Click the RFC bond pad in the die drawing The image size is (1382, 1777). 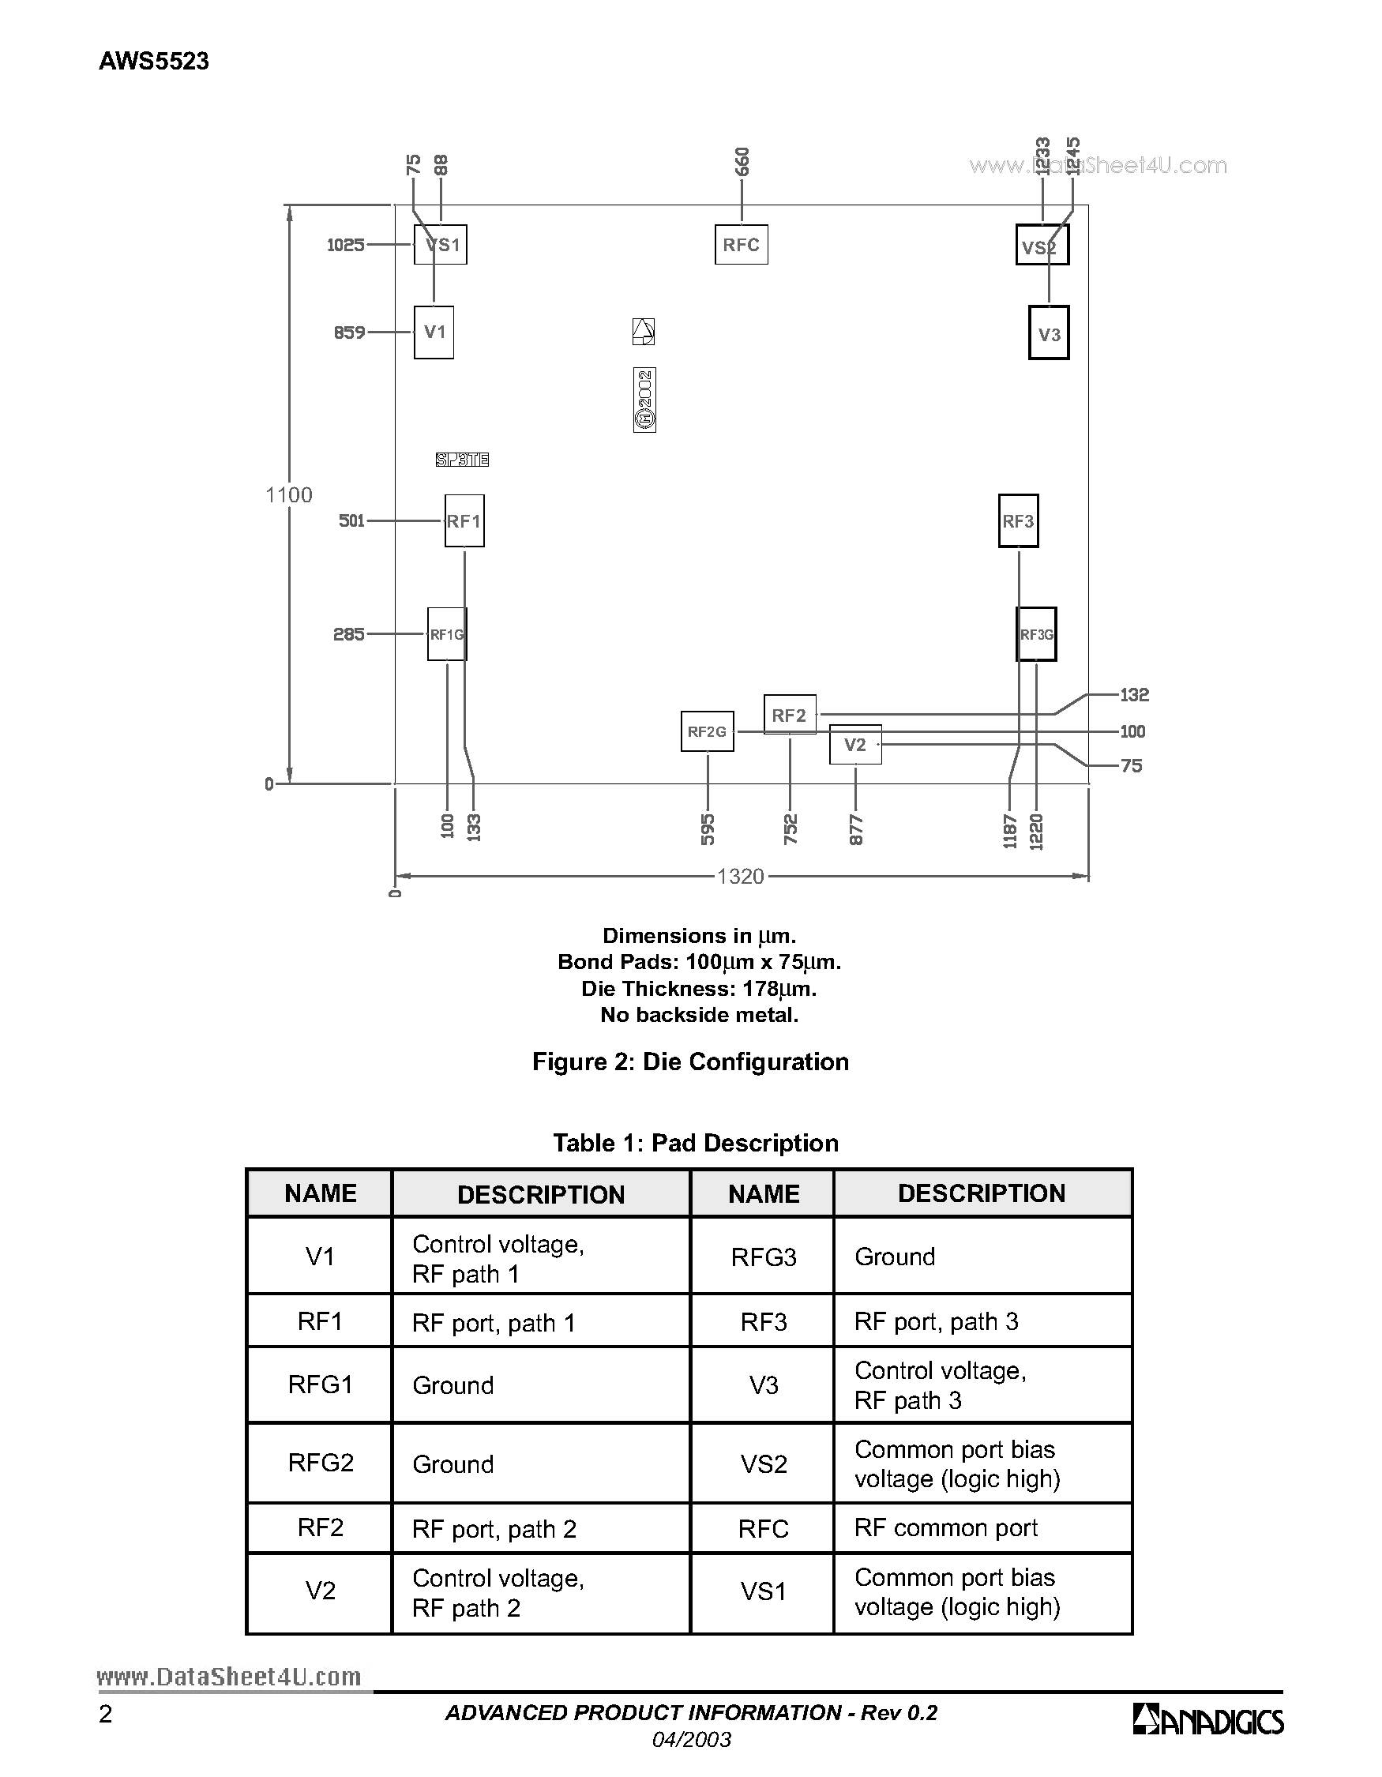click(741, 245)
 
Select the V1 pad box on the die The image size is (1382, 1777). click(434, 332)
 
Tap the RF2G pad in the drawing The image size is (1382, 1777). click(707, 731)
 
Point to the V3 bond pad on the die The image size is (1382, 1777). click(1049, 333)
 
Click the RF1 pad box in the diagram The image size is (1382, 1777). click(464, 520)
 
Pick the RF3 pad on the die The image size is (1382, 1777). click(1018, 520)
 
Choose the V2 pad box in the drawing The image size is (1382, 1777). click(855, 745)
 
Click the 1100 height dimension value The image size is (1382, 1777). click(289, 494)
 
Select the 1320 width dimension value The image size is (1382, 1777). click(740, 877)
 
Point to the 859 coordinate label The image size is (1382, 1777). click(349, 332)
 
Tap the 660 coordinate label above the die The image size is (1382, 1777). click(741, 161)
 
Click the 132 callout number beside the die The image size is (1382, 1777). click(1134, 695)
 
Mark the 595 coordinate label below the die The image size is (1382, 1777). click(708, 829)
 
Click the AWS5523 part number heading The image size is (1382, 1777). click(154, 61)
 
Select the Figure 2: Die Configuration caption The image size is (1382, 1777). click(689, 1061)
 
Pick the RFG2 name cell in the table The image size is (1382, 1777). click(321, 1463)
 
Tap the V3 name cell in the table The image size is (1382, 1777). click(763, 1384)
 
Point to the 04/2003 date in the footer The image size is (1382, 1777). click(692, 1740)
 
